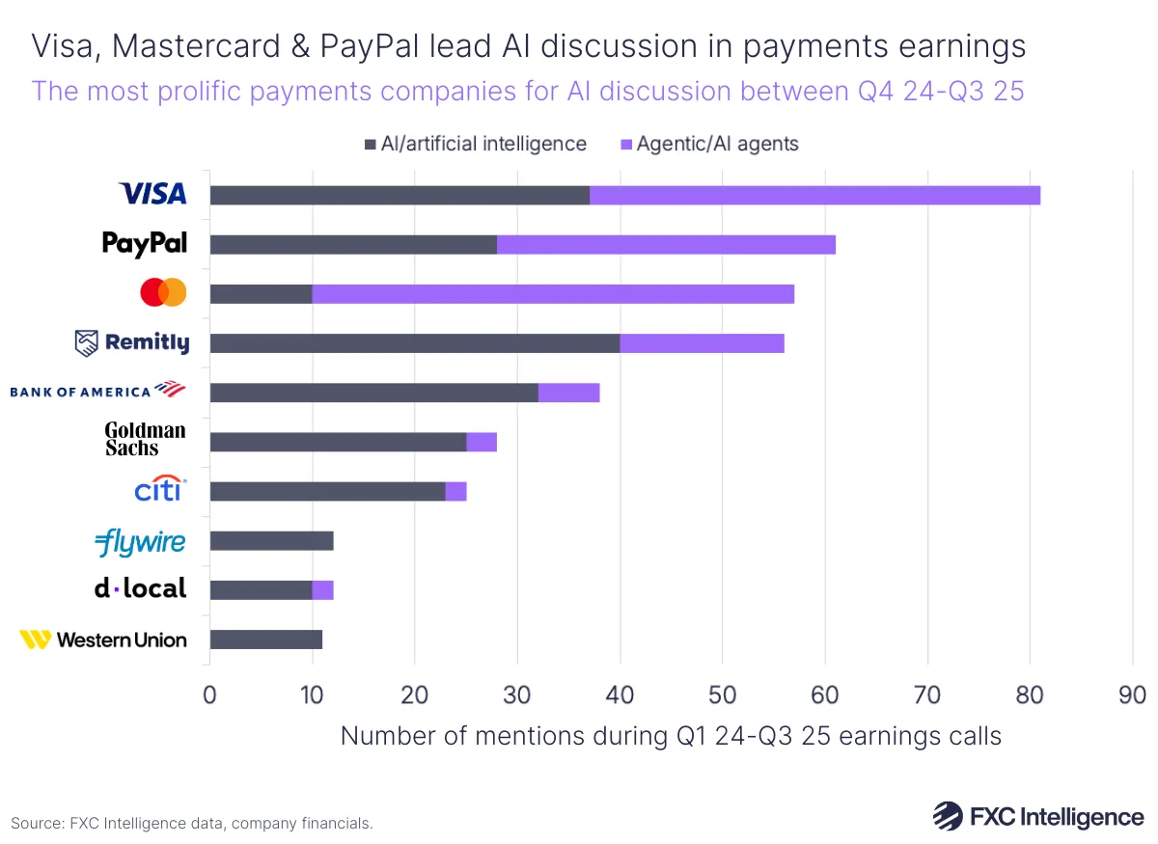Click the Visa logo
click(152, 194)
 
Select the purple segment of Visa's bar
click(814, 195)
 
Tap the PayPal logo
click(145, 244)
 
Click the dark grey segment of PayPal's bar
click(353, 244)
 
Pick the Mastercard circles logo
click(163, 292)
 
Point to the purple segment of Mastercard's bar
click(553, 293)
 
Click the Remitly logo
click(132, 342)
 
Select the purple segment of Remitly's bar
click(702, 343)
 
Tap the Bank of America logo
click(96, 391)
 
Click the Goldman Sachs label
click(145, 439)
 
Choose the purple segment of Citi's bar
click(455, 491)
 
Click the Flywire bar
click(271, 540)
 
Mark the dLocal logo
click(141, 588)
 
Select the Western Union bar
click(265, 640)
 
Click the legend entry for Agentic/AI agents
click(709, 144)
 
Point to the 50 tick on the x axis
click(722, 695)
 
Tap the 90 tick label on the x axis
click(1132, 695)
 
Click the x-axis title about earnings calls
click(671, 736)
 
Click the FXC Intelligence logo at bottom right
click(1037, 816)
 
